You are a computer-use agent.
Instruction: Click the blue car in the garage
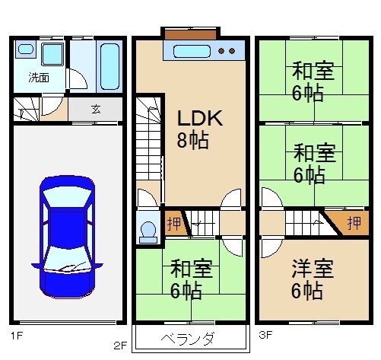[67, 236]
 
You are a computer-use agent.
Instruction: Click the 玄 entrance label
[96, 109]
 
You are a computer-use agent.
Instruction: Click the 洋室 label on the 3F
[313, 269]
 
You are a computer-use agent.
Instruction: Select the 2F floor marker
[120, 344]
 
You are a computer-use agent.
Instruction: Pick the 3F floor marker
[264, 333]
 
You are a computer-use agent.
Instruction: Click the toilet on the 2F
[148, 229]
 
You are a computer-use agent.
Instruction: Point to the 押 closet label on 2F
[173, 225]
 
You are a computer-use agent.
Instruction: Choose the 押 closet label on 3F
[353, 224]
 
